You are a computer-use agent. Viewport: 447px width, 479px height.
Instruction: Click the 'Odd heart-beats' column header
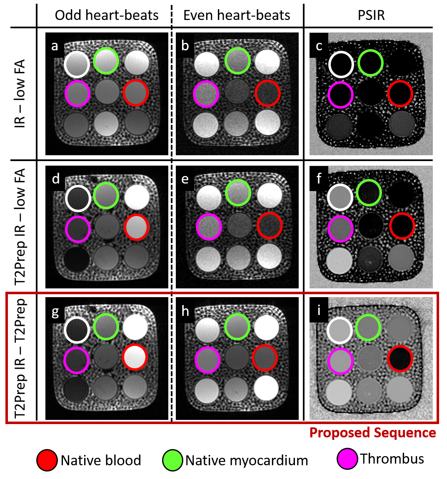[x=107, y=15]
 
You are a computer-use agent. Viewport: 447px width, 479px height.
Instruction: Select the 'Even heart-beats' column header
[x=237, y=15]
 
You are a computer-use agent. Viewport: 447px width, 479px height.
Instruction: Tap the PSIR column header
[x=371, y=15]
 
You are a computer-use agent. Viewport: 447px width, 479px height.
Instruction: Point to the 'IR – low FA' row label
[x=20, y=93]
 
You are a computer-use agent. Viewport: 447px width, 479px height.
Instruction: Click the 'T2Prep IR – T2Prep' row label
[x=20, y=358]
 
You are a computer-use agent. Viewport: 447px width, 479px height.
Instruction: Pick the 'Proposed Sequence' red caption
[x=372, y=433]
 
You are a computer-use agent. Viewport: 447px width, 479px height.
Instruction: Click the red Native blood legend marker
[x=47, y=460]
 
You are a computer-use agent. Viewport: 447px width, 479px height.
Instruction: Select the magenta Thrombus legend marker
[x=347, y=459]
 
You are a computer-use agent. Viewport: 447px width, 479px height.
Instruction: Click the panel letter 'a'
[x=55, y=46]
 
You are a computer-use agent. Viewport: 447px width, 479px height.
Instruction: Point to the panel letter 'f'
[x=319, y=179]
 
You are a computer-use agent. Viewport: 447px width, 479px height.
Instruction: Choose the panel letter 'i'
[x=319, y=310]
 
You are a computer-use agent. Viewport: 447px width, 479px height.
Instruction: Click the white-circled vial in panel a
[x=77, y=65]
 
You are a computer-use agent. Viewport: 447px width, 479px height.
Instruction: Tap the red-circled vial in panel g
[x=135, y=357]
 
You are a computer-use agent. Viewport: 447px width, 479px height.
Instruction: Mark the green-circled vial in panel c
[x=370, y=62]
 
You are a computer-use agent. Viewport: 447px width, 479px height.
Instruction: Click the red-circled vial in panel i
[x=400, y=358]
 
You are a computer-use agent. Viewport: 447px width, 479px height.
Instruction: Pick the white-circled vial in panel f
[x=341, y=197]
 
